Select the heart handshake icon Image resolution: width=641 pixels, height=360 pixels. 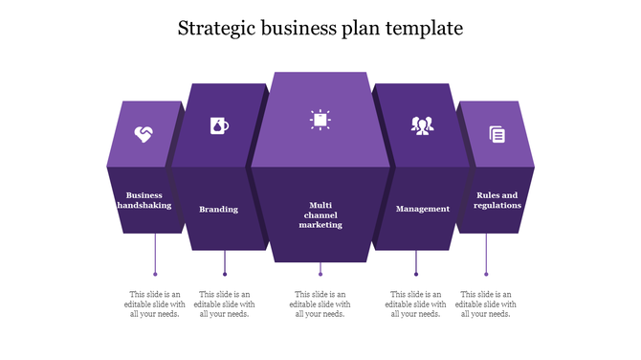(x=144, y=134)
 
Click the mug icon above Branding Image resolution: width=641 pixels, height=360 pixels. (x=219, y=125)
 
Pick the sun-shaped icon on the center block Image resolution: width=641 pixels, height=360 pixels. (x=320, y=119)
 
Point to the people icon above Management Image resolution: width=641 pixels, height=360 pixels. (x=422, y=125)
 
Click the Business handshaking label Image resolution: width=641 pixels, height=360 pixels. (x=144, y=200)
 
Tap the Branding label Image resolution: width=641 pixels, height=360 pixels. (x=219, y=209)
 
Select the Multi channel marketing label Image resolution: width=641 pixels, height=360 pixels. (x=320, y=214)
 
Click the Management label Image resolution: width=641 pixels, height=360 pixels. (x=422, y=209)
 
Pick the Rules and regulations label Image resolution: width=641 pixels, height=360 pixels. (x=497, y=200)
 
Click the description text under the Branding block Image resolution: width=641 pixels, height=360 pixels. (x=225, y=304)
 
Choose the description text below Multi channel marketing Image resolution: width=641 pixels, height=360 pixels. (x=320, y=304)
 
